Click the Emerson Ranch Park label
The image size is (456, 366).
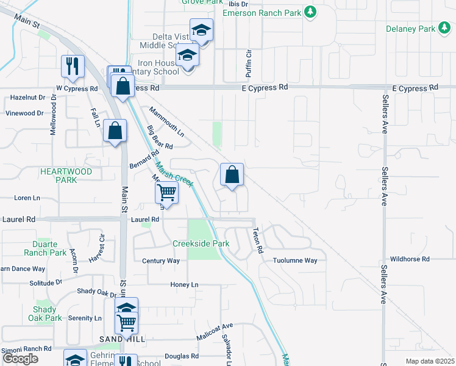pyautogui.click(x=263, y=13)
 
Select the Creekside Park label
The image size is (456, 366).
pyautogui.click(x=201, y=243)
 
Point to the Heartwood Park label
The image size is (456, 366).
pyautogui.click(x=66, y=176)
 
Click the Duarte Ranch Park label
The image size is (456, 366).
pyautogui.click(x=45, y=248)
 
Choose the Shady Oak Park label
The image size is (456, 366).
pyautogui.click(x=45, y=314)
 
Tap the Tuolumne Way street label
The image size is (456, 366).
pyautogui.click(x=295, y=260)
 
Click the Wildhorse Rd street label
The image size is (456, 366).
pyautogui.click(x=414, y=259)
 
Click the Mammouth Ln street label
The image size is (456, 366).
pyautogui.click(x=166, y=120)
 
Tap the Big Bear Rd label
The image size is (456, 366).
pyautogui.click(x=160, y=137)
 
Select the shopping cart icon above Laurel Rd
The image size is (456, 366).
pyautogui.click(x=166, y=192)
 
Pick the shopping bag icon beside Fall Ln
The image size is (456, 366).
pyautogui.click(x=115, y=130)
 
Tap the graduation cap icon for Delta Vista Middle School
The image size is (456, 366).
pyautogui.click(x=201, y=30)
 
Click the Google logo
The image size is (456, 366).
pyautogui.click(x=20, y=359)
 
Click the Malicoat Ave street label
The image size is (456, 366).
pyautogui.click(x=215, y=332)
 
